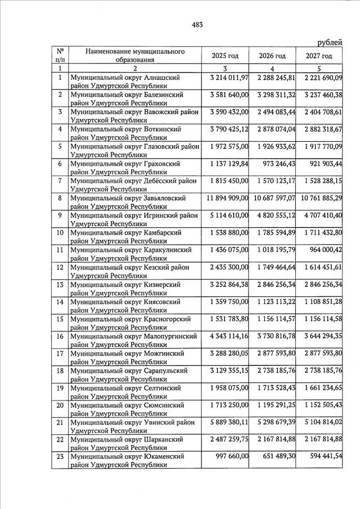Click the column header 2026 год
[272, 56]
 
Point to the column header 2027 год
[319, 56]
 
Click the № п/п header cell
[60, 55]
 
